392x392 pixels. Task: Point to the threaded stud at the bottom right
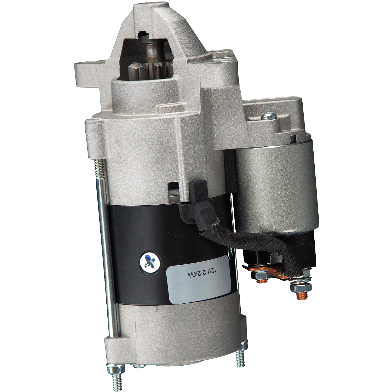click(240, 358)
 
